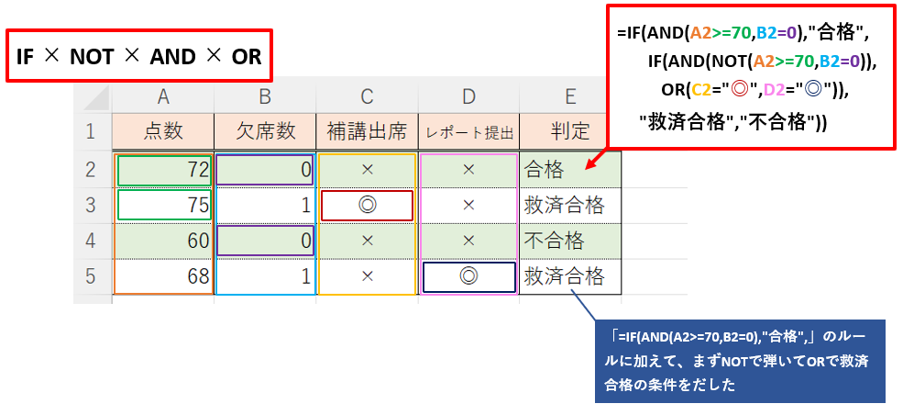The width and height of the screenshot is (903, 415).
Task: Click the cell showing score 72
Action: pos(163,170)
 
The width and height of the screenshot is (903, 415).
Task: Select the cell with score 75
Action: pos(163,206)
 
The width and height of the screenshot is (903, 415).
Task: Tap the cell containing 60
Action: pos(163,241)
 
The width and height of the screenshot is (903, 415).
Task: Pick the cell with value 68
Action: pos(163,276)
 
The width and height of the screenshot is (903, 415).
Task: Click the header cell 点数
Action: pos(163,132)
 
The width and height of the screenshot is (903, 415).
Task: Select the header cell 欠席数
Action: pos(266,132)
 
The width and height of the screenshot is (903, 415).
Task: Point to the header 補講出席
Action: pos(367,132)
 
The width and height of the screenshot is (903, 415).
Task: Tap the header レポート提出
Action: pos(468,132)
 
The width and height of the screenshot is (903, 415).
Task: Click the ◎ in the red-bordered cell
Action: pos(367,206)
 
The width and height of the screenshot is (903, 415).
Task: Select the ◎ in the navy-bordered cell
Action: pos(468,276)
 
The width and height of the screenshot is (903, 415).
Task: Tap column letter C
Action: pos(367,96)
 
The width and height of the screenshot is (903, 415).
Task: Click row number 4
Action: pos(91,241)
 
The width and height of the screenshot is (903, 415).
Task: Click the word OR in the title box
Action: pos(247,57)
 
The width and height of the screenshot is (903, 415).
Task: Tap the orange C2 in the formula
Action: pos(702,89)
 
